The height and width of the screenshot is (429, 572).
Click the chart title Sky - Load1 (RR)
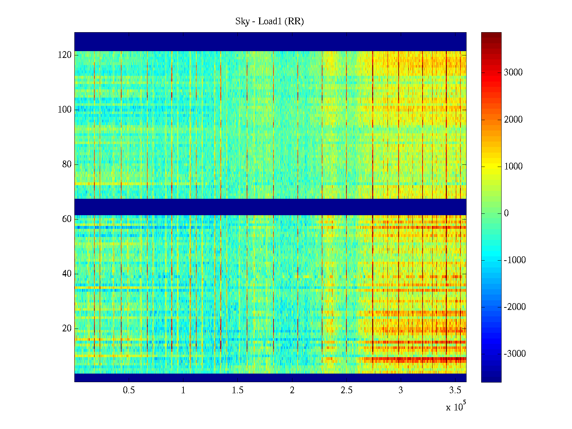pos(270,21)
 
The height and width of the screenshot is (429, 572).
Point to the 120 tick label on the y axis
pos(65,55)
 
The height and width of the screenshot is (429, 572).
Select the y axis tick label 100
pos(65,110)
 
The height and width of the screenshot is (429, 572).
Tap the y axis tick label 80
pos(67,164)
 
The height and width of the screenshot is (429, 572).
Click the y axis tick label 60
pos(67,219)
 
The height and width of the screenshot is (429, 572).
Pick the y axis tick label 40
pos(67,274)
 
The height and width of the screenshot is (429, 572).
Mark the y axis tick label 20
pos(67,329)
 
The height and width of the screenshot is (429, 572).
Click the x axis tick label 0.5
pos(129,390)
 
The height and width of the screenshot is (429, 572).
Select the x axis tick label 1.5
pos(238,390)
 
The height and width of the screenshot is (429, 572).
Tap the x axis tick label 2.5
pos(346,390)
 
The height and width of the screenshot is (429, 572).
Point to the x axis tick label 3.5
pos(455,390)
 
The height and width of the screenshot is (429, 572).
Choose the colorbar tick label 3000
pos(513,73)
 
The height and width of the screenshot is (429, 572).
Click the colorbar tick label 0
pos(506,213)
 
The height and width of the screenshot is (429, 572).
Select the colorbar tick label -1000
pos(514,260)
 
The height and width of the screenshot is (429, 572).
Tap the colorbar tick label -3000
pos(514,354)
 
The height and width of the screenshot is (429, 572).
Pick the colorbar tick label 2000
pos(513,119)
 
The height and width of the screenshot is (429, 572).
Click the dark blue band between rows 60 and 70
pos(270,207)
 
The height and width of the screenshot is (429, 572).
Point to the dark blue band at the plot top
pos(270,41)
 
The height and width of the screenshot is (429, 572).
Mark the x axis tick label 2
pos(292,390)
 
